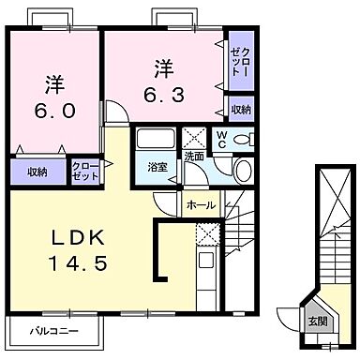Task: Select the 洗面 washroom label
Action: [194, 156]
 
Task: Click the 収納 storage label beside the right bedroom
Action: [241, 110]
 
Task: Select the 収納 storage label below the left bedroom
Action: [37, 172]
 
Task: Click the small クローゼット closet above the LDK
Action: [86, 170]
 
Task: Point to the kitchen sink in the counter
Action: [207, 259]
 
